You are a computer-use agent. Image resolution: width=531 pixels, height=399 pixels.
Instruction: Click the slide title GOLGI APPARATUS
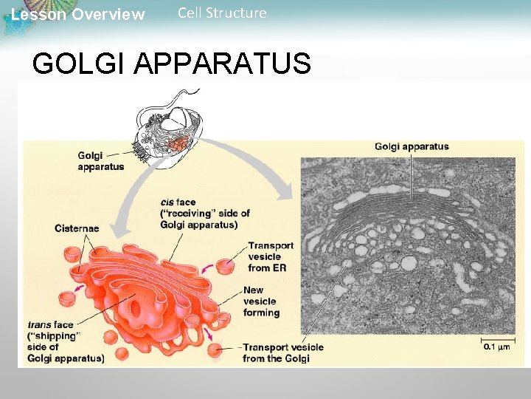click(x=171, y=64)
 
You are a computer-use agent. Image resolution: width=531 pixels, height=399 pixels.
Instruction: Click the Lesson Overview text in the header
click(x=78, y=15)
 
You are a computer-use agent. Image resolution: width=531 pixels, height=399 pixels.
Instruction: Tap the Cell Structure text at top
click(x=222, y=13)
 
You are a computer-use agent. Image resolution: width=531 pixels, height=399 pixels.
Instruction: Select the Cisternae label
click(x=77, y=228)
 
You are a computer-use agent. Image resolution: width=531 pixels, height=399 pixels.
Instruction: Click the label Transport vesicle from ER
click(x=270, y=256)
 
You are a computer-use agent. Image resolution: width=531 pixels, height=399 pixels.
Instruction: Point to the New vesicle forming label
click(x=261, y=301)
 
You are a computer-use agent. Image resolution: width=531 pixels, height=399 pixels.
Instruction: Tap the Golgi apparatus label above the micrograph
click(x=412, y=146)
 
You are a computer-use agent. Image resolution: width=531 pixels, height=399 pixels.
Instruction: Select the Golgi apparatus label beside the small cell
click(x=100, y=161)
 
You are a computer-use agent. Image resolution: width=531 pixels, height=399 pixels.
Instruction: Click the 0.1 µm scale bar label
click(x=499, y=345)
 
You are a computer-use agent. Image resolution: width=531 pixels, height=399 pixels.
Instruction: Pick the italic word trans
click(x=40, y=324)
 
